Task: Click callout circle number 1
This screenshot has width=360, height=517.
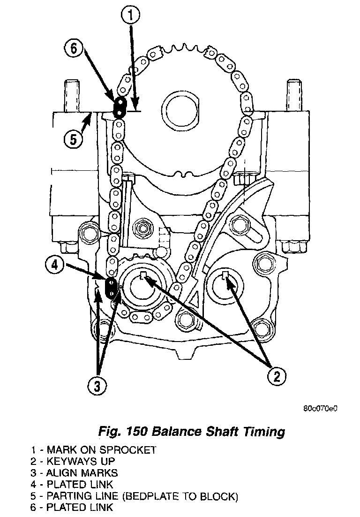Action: coord(130,16)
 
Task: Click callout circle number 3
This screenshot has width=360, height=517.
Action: coord(97,386)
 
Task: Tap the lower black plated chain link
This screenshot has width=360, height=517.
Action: coord(112,288)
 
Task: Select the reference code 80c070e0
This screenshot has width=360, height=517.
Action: coord(320,408)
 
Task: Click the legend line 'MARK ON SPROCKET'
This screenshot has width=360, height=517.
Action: coord(94,450)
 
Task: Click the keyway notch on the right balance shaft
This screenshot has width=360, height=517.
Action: coord(226,277)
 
